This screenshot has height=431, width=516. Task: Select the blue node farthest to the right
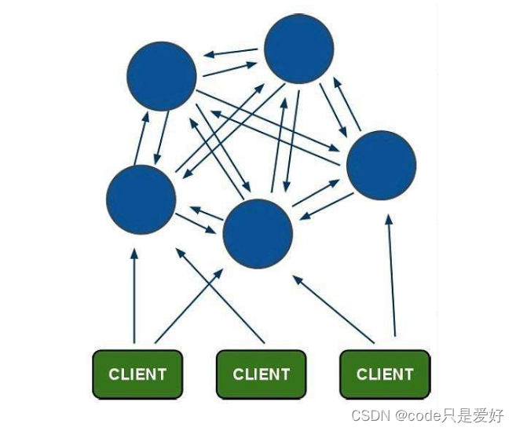381,165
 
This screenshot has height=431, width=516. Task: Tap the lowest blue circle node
258,234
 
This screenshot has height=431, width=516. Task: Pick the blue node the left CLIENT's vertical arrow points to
141,199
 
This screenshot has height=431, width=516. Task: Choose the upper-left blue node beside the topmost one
162,76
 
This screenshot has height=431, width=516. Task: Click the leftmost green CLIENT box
137,374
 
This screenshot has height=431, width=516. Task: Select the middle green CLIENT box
262,374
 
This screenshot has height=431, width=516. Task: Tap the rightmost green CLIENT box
385,374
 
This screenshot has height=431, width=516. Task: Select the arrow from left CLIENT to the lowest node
188,306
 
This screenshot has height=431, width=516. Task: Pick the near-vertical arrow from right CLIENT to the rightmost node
391,275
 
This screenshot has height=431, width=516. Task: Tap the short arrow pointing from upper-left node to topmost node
231,70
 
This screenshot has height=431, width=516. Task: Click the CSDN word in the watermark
367,416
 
